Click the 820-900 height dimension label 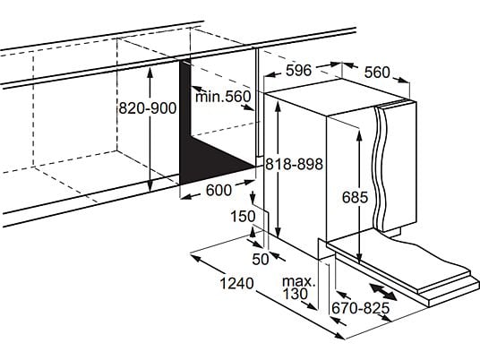(x=148, y=108)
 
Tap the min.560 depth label (x=223, y=97)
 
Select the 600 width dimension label (x=219, y=190)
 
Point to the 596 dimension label (x=298, y=71)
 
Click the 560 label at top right (x=377, y=73)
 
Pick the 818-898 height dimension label (x=294, y=164)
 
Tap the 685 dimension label (x=355, y=197)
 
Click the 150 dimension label (x=243, y=216)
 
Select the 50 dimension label (x=261, y=260)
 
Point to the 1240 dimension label (x=237, y=284)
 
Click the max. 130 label (x=298, y=287)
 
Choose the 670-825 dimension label (x=361, y=308)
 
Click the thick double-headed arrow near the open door (x=383, y=292)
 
